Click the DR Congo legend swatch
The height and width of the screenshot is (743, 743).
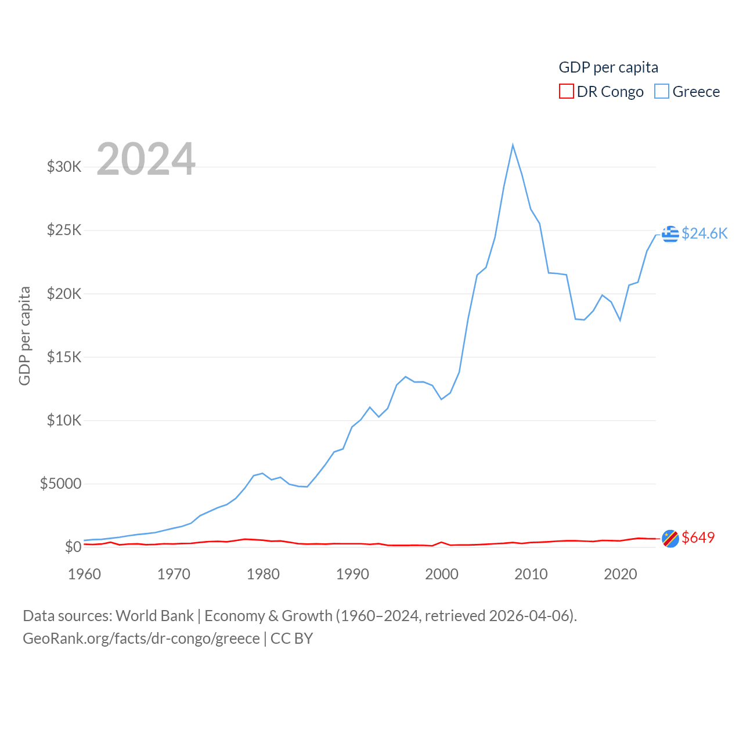point(566,92)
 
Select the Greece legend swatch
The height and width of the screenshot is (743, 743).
point(662,92)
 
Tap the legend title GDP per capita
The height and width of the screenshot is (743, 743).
point(608,67)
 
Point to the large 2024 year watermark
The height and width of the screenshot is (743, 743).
point(146,158)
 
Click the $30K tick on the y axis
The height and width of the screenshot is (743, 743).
point(64,167)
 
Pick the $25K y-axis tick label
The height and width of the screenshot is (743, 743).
point(64,230)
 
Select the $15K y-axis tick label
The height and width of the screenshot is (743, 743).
point(64,357)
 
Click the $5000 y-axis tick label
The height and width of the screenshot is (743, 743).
point(60,484)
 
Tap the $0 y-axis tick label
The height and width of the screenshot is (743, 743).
point(73,547)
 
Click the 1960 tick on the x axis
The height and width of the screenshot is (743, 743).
point(85,574)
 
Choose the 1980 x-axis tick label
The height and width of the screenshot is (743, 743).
point(263,574)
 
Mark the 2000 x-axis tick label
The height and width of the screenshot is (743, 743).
point(442,574)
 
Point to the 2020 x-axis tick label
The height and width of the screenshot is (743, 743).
point(621,574)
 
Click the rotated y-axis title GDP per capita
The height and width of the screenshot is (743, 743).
point(24,336)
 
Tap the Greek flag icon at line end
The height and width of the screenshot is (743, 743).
point(670,234)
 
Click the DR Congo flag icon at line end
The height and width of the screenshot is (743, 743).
point(670,539)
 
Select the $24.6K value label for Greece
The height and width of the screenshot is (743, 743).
point(704,233)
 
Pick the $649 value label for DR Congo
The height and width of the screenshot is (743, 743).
point(698,538)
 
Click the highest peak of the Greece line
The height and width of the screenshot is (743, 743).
point(513,145)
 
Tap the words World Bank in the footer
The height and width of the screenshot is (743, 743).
point(154,615)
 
